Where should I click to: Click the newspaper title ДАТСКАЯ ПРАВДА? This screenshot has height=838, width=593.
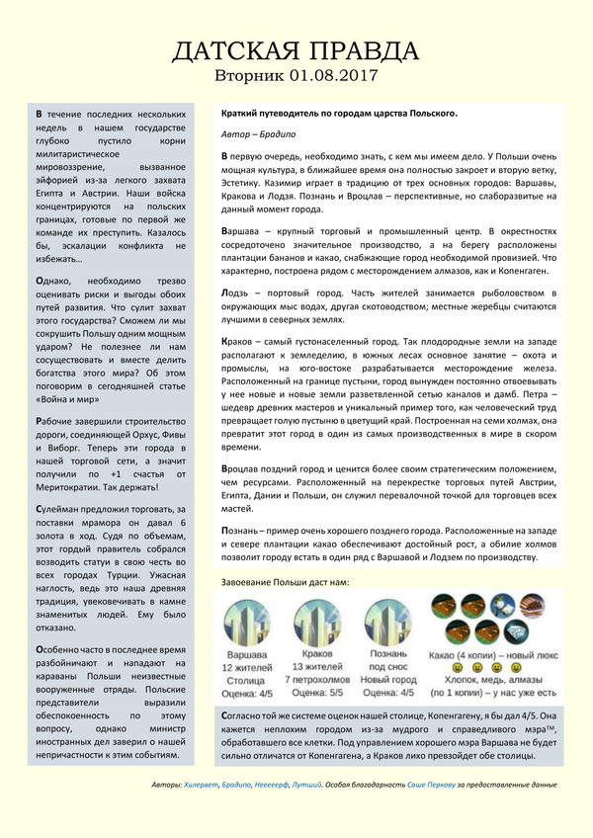pos(296,51)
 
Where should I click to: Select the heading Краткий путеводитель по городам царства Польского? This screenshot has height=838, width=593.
pos(339,113)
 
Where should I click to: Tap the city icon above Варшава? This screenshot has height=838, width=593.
pos(249,623)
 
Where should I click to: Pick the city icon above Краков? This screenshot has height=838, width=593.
pos(319,623)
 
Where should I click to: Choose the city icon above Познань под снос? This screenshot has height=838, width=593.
pos(388,623)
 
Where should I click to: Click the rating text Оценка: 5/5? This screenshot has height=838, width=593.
pos(319,695)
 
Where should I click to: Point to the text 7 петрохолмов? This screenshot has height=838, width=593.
pos(319,681)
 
